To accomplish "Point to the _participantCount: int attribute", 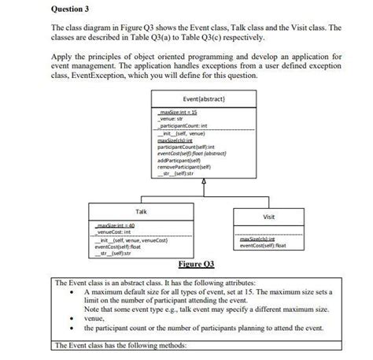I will click(x=183, y=125).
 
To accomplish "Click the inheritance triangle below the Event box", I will click(x=203, y=182).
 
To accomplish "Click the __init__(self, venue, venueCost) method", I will click(x=134, y=240).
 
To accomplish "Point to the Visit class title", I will click(x=268, y=216).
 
